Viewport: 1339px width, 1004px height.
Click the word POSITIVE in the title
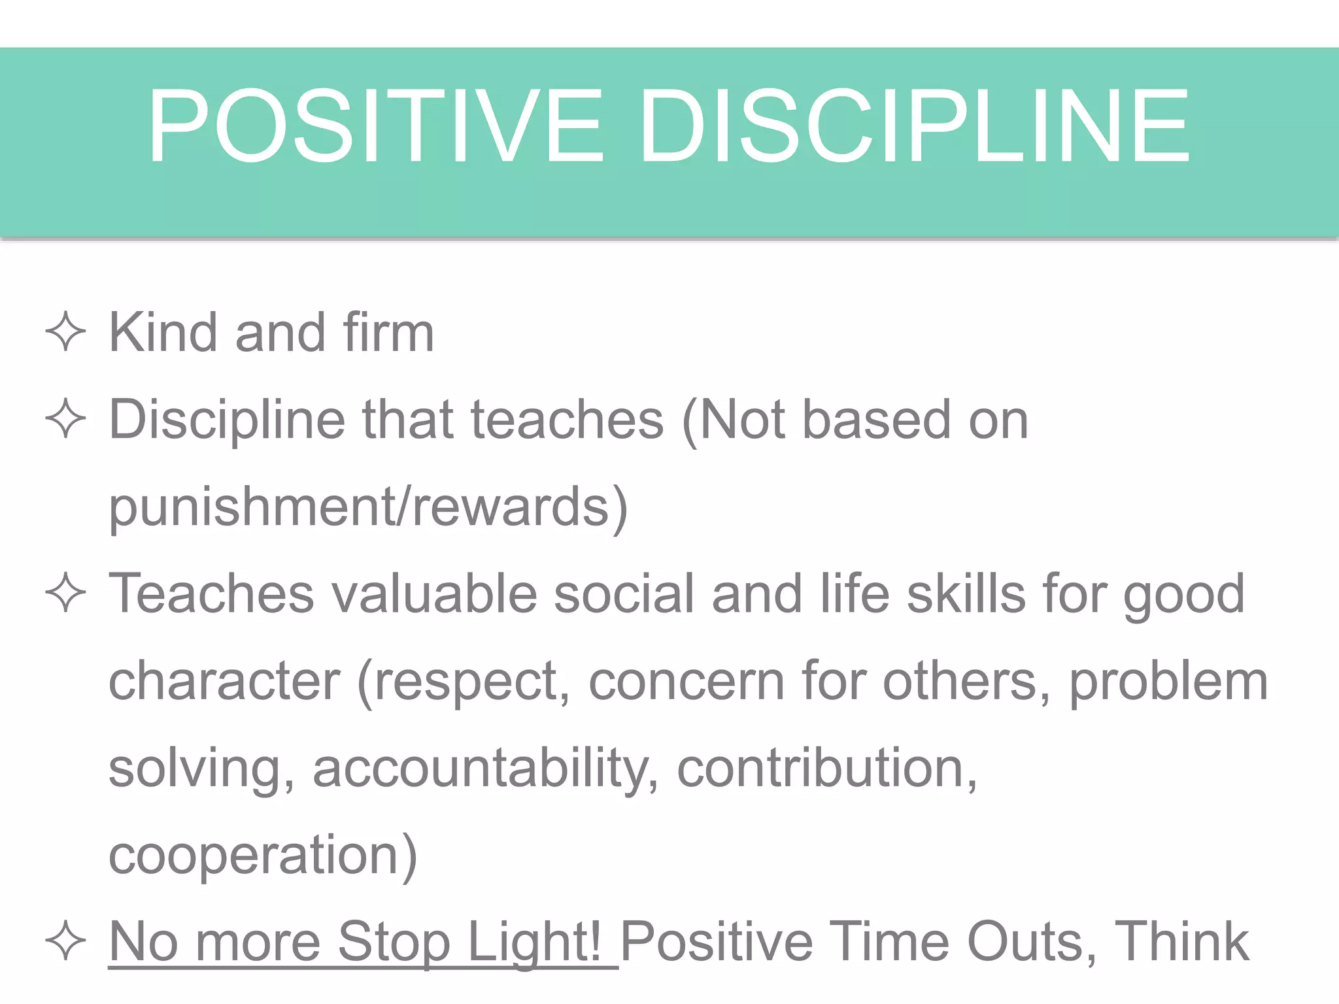(375, 125)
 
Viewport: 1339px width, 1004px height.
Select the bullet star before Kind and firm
(65, 332)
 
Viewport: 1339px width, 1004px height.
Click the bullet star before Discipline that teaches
(65, 419)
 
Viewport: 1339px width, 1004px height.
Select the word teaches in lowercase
(567, 419)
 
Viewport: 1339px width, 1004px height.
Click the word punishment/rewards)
(368, 507)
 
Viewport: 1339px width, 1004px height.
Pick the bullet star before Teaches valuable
(65, 594)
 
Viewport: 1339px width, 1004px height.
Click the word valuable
(434, 594)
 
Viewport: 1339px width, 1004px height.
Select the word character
(224, 681)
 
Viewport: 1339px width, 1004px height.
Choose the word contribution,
(827, 767)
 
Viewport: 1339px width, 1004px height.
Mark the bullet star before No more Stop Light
(65, 941)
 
